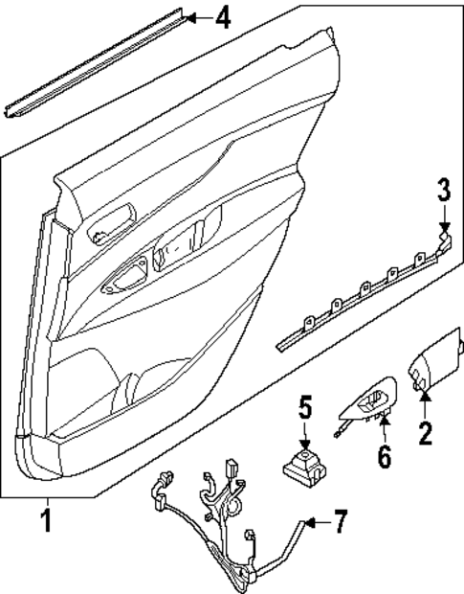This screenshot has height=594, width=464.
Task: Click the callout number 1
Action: coord(44,522)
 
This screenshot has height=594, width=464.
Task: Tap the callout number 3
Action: coord(443,190)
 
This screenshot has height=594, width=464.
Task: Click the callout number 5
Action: coord(305,408)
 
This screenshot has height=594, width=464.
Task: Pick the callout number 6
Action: coord(383,456)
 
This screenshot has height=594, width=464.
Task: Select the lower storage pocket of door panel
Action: coord(96,393)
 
